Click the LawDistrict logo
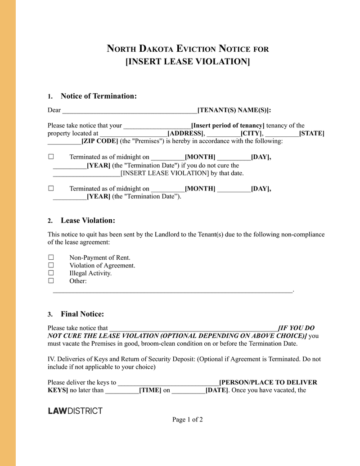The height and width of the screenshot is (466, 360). pos(75,411)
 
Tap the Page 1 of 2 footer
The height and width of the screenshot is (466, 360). pos(188,420)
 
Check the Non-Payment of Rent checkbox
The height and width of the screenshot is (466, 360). pos(51,258)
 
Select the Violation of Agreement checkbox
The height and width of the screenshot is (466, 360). pos(51,265)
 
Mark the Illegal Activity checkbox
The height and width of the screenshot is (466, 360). pos(51,273)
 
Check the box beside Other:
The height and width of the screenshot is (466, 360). pos(51,281)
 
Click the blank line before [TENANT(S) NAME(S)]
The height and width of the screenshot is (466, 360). pos(130,111)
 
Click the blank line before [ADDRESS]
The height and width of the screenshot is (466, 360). pos(133,134)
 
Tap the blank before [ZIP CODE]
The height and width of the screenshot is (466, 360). pos(64,142)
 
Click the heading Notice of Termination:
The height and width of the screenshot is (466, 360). pos(99,96)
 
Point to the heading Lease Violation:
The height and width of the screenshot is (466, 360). pos(88,220)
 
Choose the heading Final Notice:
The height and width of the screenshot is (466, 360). pos(82,314)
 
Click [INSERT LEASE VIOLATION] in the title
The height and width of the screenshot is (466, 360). pos(187,61)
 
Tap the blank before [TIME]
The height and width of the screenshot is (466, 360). pos(122,391)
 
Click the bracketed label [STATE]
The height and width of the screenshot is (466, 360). pos(312,134)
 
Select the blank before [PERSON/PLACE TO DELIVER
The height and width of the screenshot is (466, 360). pos(168,383)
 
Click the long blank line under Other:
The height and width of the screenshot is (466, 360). pos(173,291)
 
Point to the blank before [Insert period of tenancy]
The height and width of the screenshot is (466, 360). pos(157,126)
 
